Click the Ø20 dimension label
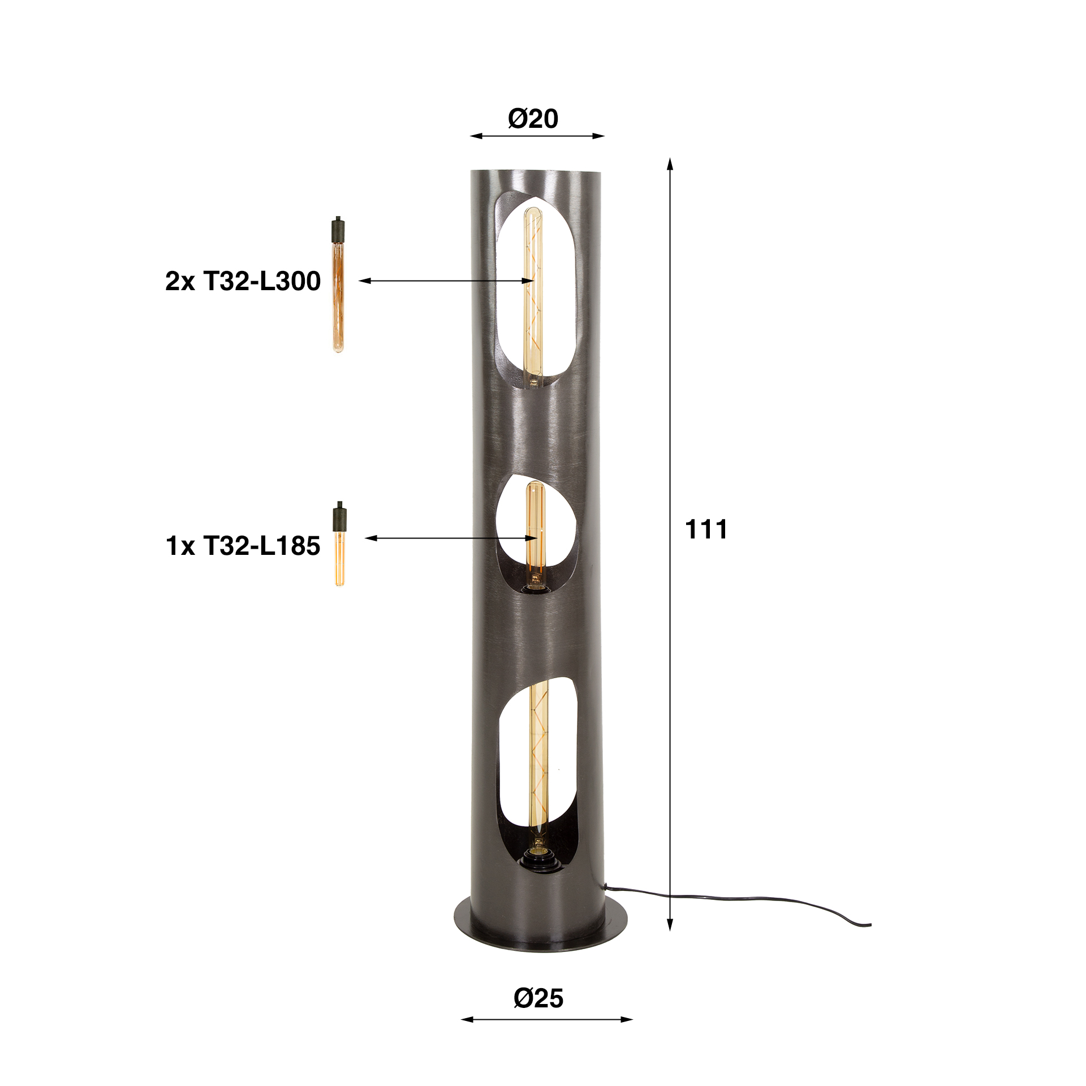pos(533,119)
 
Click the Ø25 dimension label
pos(538,998)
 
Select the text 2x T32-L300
pos(243,281)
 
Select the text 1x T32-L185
pos(243,546)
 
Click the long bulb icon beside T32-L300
pos(338,286)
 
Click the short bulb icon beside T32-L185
pos(339,543)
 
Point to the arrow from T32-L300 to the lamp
pos(441,281)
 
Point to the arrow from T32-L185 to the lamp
pos(447,538)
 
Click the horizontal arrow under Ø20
pos(537,136)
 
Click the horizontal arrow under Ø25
pos(546,1019)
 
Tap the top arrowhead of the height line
pos(670,164)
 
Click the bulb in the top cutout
pos(532,294)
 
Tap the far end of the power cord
pos(869,925)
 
